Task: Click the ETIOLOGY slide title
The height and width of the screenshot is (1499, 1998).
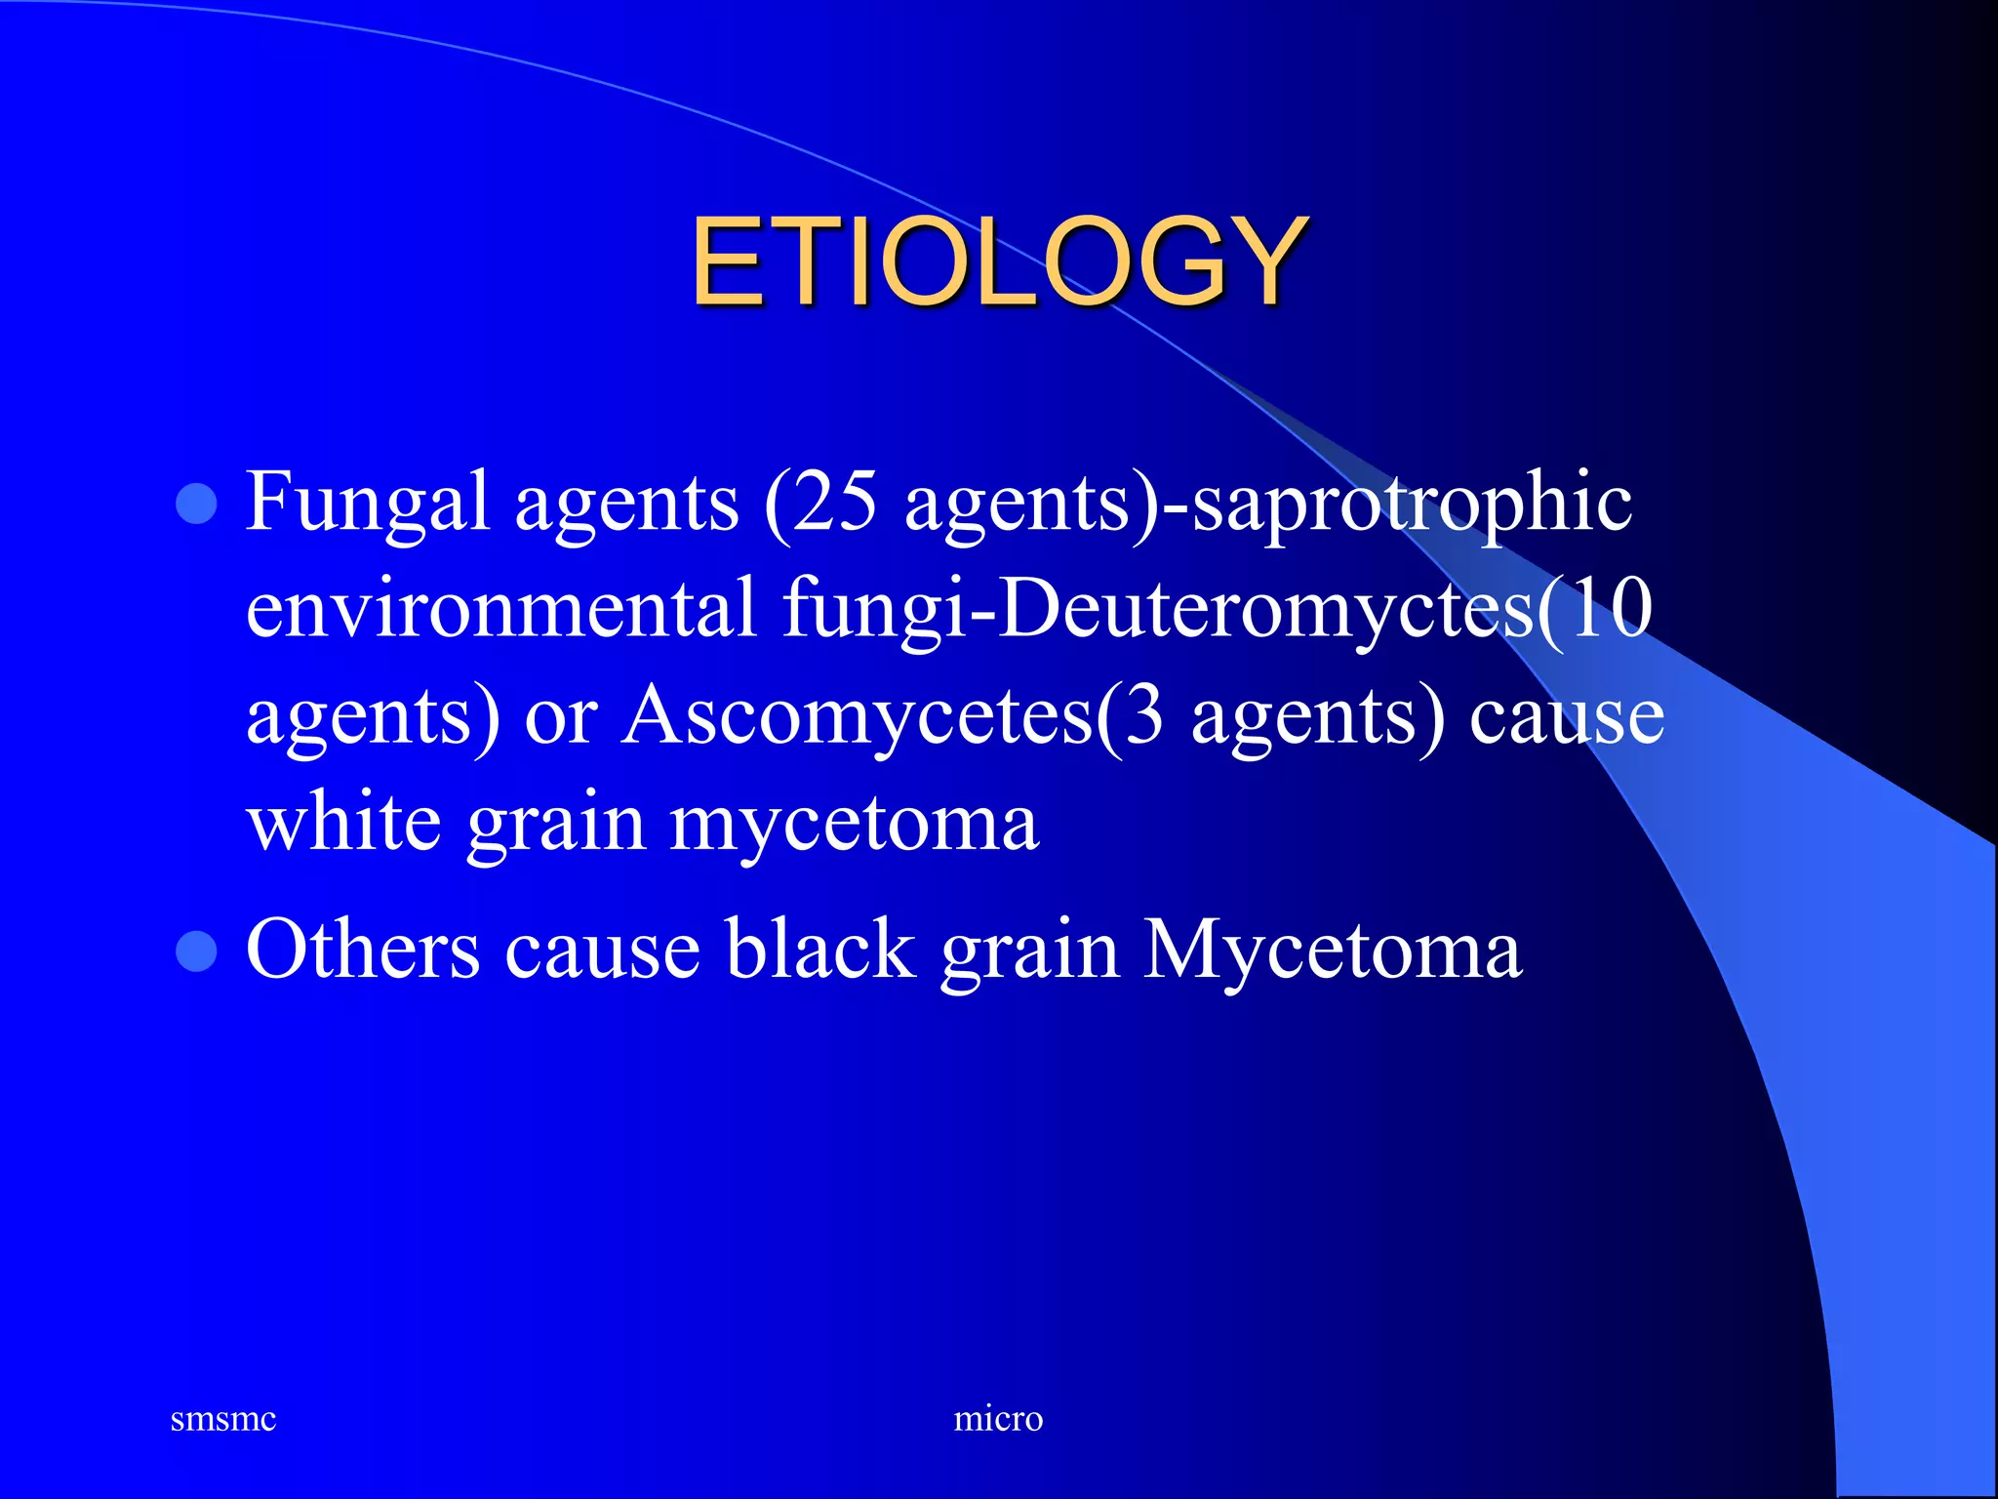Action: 999,262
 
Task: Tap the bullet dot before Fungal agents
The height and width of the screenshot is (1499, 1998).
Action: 196,505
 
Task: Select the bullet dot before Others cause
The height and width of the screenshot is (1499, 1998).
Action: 196,952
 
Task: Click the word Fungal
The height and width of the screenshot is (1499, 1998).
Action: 366,503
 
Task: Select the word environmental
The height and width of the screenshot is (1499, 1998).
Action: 500,610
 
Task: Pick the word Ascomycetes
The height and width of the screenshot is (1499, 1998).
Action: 858,715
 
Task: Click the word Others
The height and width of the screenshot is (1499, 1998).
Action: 362,950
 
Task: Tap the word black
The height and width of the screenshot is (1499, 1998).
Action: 819,950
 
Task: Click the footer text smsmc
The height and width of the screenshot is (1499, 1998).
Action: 222,1418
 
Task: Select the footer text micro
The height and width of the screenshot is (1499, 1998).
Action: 998,1418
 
